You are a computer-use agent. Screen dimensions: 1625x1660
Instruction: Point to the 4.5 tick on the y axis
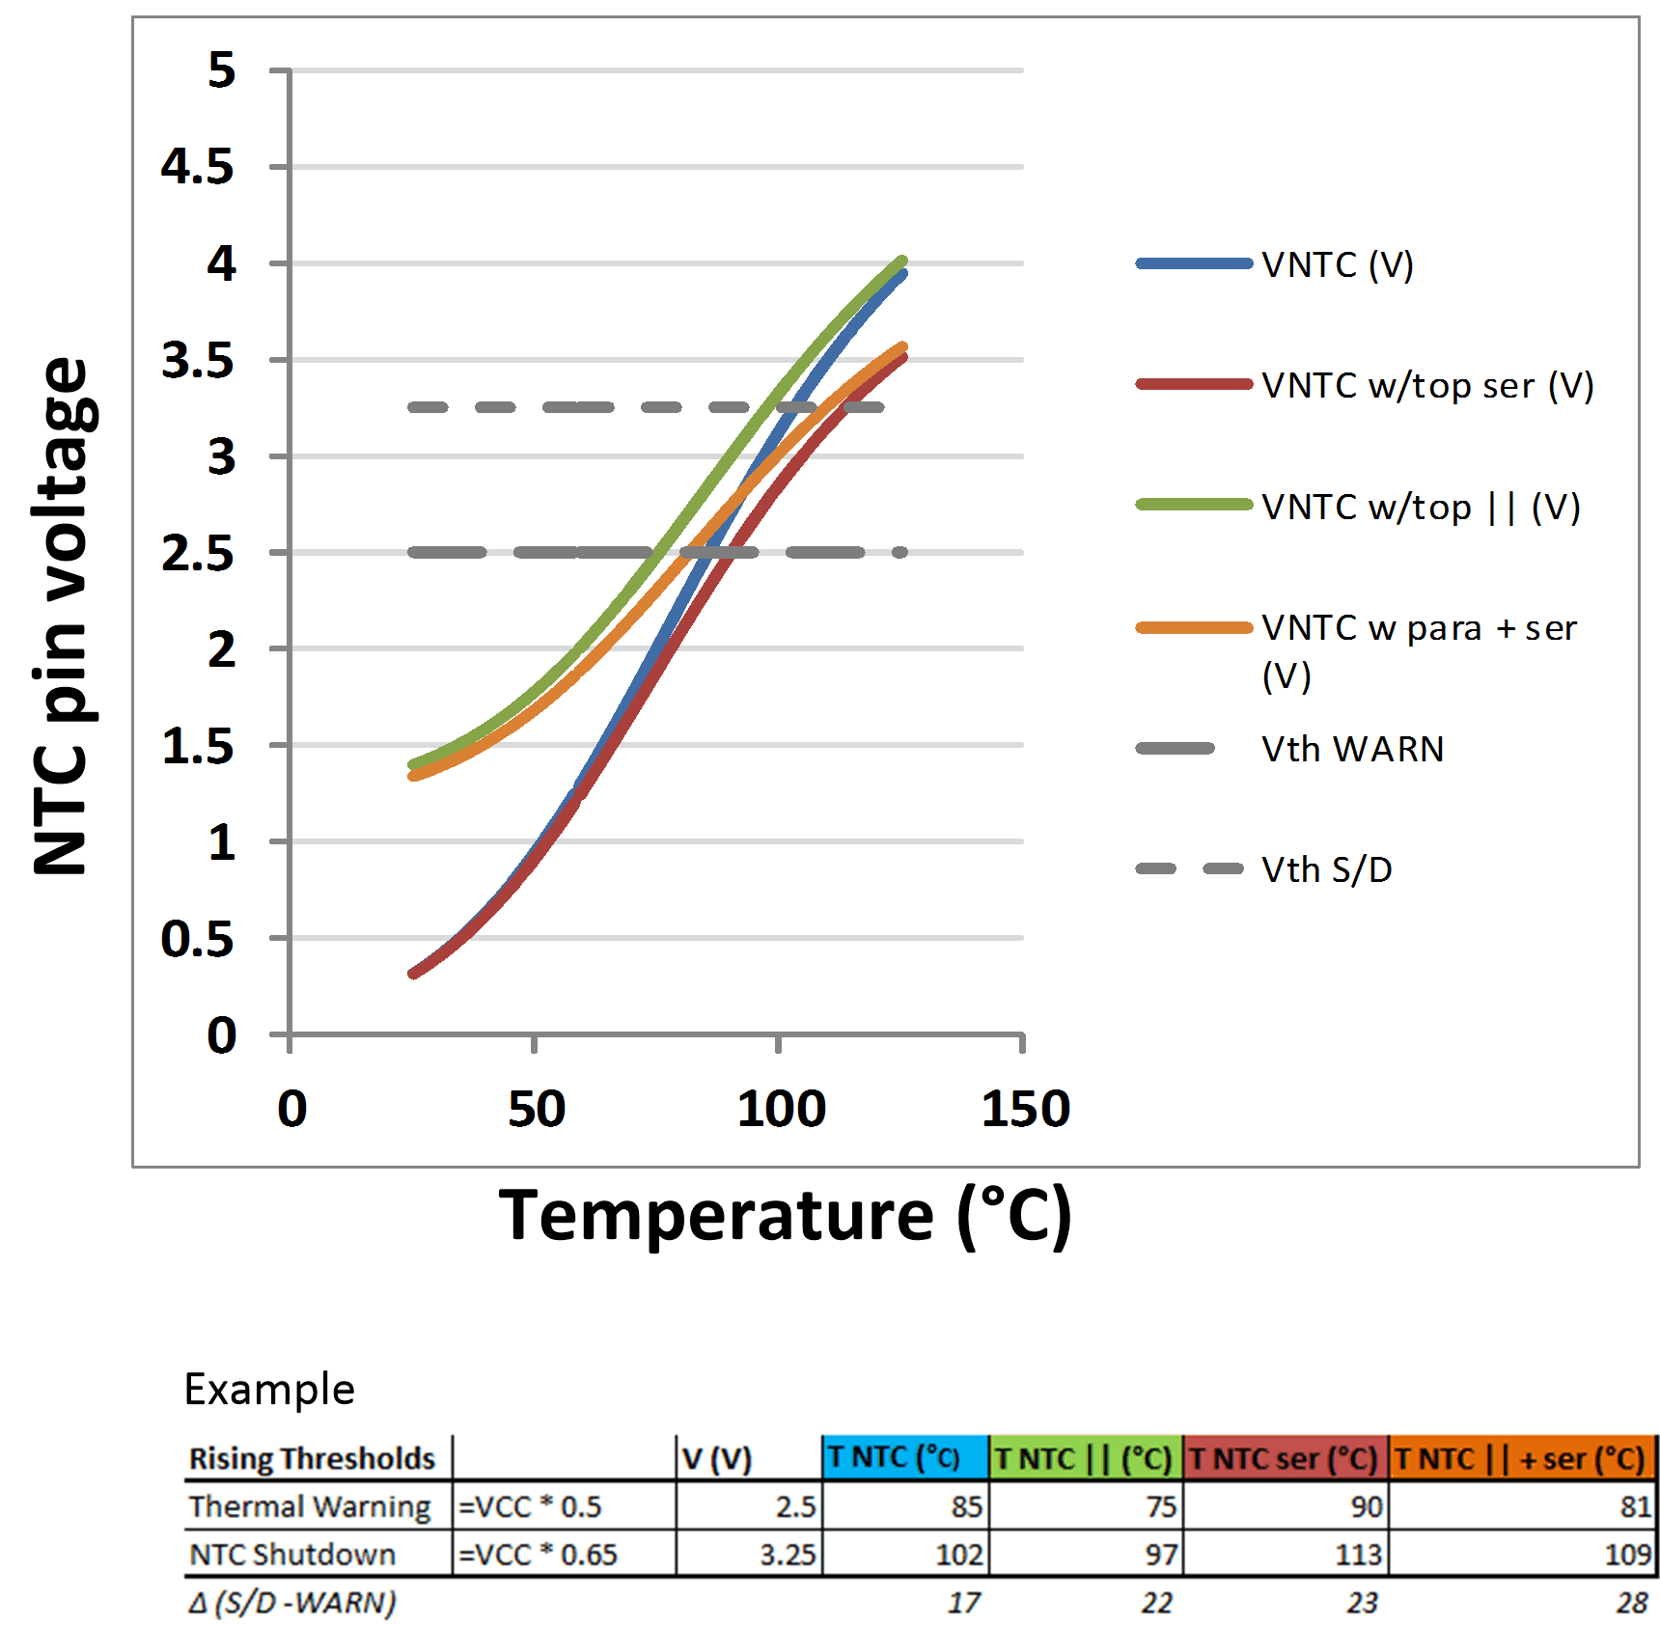(x=197, y=167)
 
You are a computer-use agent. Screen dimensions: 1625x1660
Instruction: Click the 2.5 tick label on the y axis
(x=197, y=553)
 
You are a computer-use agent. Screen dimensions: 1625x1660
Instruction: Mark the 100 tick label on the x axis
(x=781, y=1109)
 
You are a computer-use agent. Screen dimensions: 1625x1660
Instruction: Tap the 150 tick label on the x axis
(x=1025, y=1109)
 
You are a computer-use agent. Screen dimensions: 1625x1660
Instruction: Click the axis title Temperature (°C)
(x=785, y=1215)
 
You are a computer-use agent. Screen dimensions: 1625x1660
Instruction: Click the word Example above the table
(x=269, y=1390)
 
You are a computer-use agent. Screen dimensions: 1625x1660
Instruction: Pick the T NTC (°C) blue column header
(x=894, y=1457)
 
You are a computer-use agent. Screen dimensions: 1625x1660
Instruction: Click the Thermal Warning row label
(x=310, y=1506)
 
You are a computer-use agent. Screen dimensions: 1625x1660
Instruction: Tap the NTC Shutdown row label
(x=292, y=1555)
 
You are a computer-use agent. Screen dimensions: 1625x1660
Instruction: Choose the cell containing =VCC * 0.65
(x=538, y=1555)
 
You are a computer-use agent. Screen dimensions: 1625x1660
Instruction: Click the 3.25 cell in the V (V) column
(x=788, y=1555)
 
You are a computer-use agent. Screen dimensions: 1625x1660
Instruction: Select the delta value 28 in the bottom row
(x=1632, y=1603)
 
